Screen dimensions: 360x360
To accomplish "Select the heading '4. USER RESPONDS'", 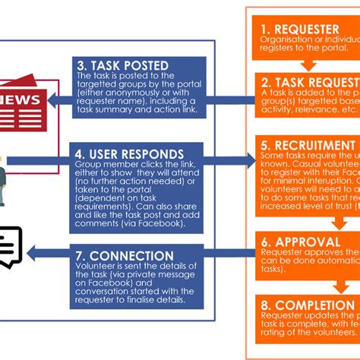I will (129, 155).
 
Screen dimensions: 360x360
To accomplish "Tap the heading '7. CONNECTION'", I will (125, 255).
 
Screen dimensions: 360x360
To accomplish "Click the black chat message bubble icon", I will (11, 247).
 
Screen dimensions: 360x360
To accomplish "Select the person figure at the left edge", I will (3, 178).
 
